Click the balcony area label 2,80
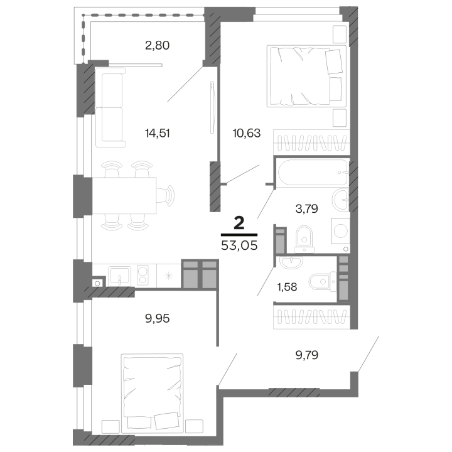157,45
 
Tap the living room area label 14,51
157,132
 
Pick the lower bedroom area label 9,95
157,318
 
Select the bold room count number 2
239,222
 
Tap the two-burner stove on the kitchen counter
143,275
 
